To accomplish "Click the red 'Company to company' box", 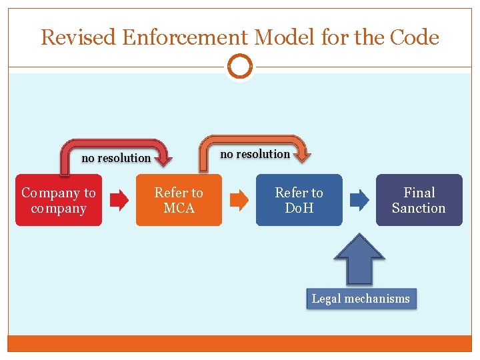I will coord(59,200).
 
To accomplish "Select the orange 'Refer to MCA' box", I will coord(179,200).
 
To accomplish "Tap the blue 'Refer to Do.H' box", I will coord(299,200).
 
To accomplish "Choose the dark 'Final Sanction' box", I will coord(419,200).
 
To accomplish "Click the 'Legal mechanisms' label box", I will coord(361,299).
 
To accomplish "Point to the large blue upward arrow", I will coord(360,260).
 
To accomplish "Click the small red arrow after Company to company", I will coord(119,200).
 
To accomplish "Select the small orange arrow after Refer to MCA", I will coord(239,200).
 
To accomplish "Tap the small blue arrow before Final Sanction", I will coord(359,199).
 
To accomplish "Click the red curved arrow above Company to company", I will coord(117,143).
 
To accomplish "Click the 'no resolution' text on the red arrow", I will coord(116,158).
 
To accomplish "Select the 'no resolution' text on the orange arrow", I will coord(255,154).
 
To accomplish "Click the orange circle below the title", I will coord(240,67).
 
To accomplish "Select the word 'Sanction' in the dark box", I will coord(419,208).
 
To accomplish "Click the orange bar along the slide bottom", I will coord(240,343).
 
